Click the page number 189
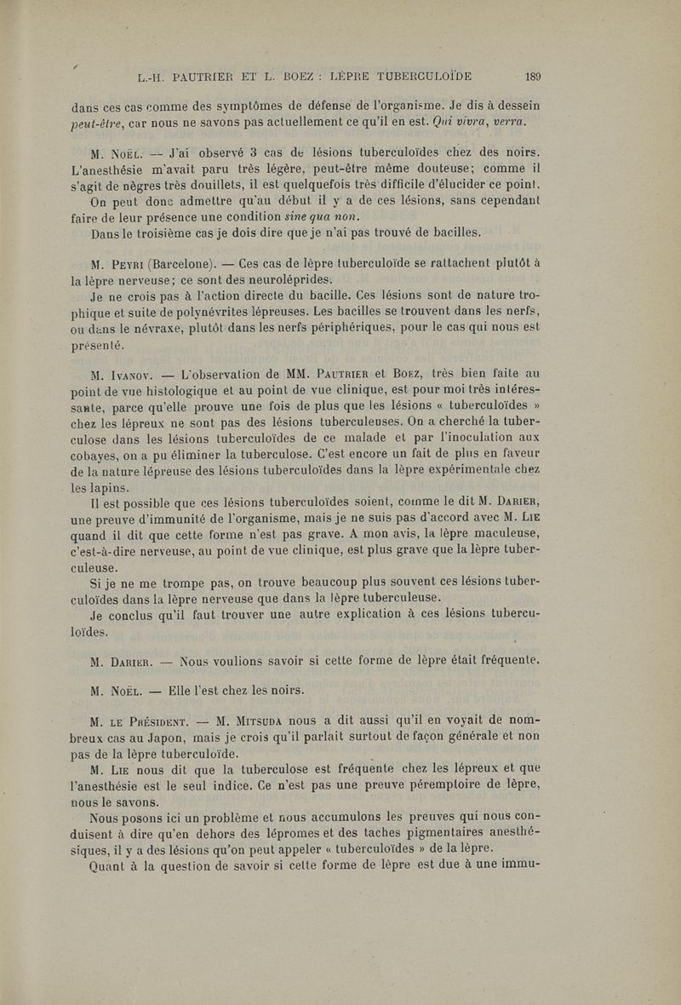tap(534, 75)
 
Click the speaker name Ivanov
tap(130, 375)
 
